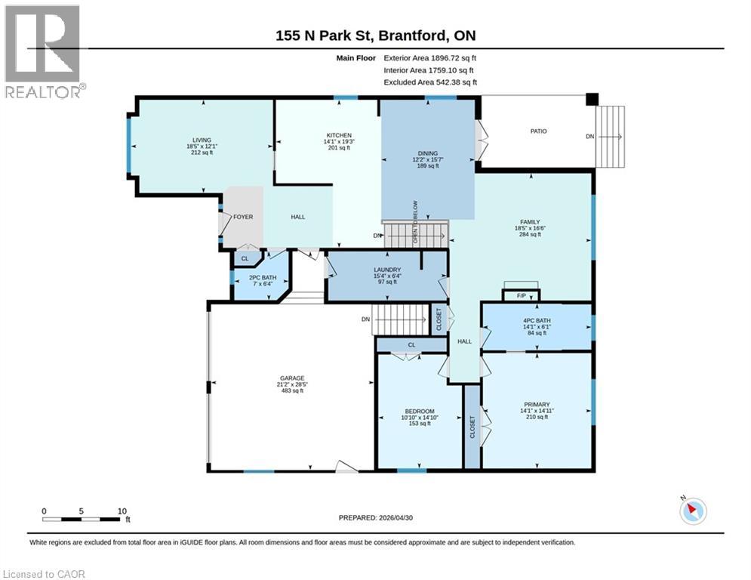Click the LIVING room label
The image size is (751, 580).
tap(202, 140)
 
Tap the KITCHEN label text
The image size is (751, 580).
tap(339, 135)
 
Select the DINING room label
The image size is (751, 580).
tap(428, 153)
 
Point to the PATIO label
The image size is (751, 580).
tap(538, 131)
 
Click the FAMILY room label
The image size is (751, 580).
tap(530, 222)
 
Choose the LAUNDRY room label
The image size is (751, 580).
tap(387, 270)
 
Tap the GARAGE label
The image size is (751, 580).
tap(292, 378)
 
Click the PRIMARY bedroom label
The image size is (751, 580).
tap(537, 404)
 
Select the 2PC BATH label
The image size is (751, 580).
tap(263, 277)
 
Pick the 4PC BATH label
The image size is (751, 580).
tap(537, 320)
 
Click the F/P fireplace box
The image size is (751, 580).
tap(521, 295)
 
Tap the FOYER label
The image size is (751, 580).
tap(243, 217)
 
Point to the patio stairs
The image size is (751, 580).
tap(610, 137)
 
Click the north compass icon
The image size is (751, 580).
tap(693, 511)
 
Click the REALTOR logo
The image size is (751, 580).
tap(43, 52)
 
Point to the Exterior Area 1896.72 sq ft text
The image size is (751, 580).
tap(429, 58)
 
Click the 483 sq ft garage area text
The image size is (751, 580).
tap(292, 390)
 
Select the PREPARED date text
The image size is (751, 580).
tap(376, 517)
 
